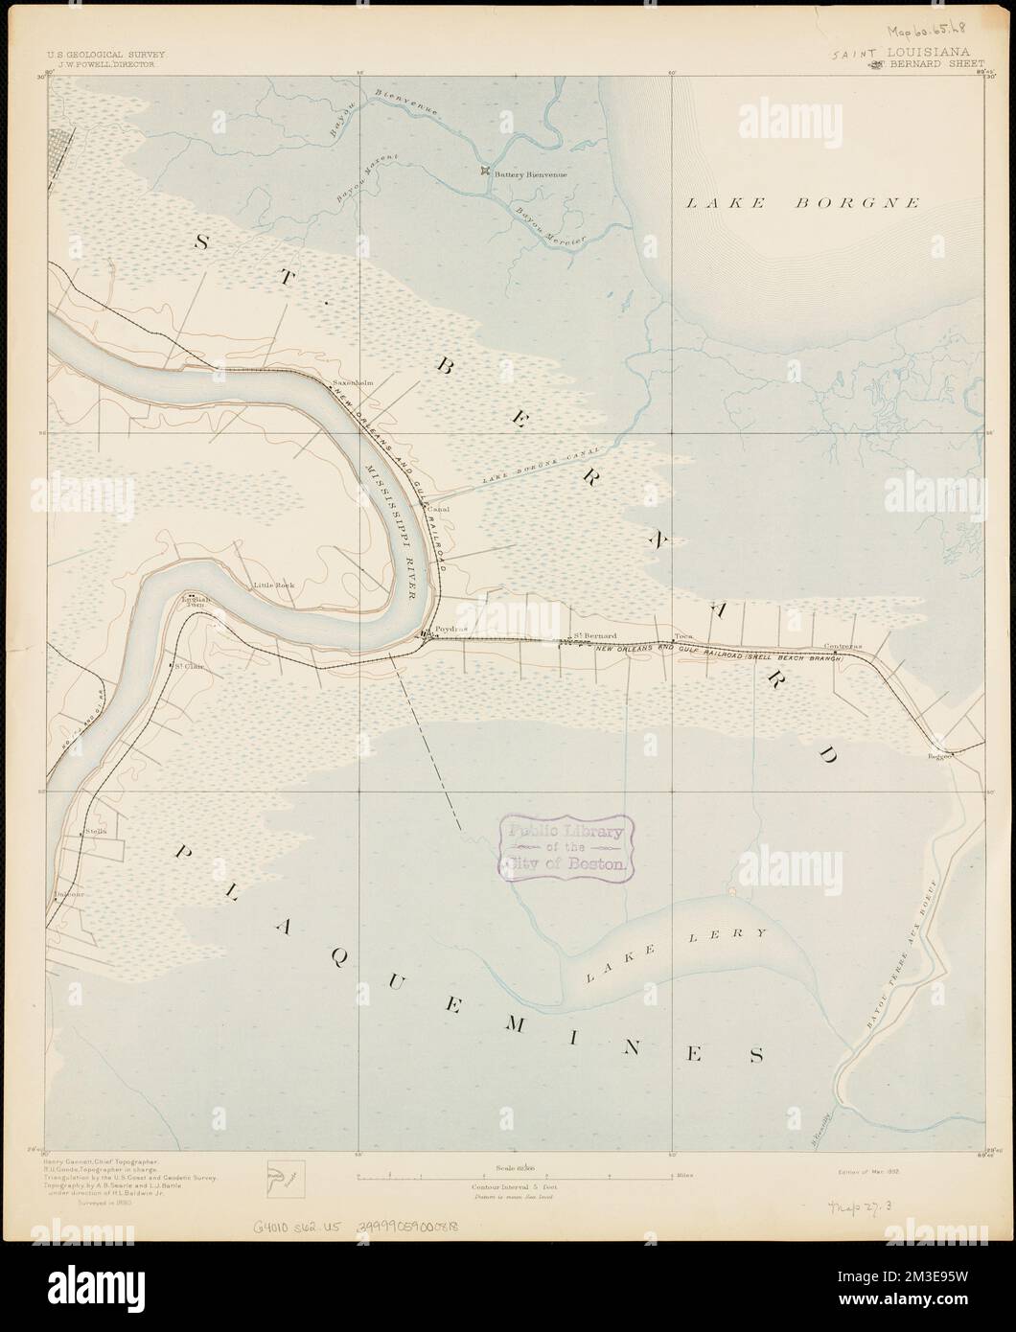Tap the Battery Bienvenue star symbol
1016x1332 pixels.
point(486,172)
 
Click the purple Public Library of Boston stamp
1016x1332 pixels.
point(566,848)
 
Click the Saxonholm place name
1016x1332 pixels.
point(352,382)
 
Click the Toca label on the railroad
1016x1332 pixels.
point(682,635)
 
